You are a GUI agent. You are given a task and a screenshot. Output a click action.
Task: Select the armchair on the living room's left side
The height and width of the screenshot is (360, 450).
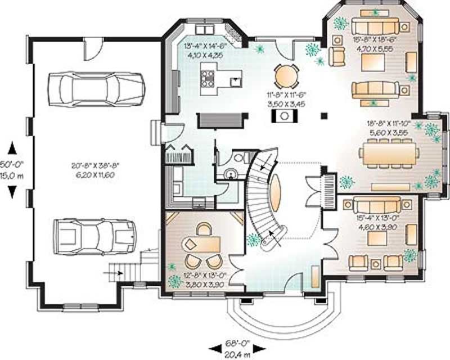(337, 55)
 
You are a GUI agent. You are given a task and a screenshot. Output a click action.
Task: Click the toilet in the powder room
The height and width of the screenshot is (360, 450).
(238, 158)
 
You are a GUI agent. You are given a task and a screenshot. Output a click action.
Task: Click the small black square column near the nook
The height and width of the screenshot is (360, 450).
(323, 116)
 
